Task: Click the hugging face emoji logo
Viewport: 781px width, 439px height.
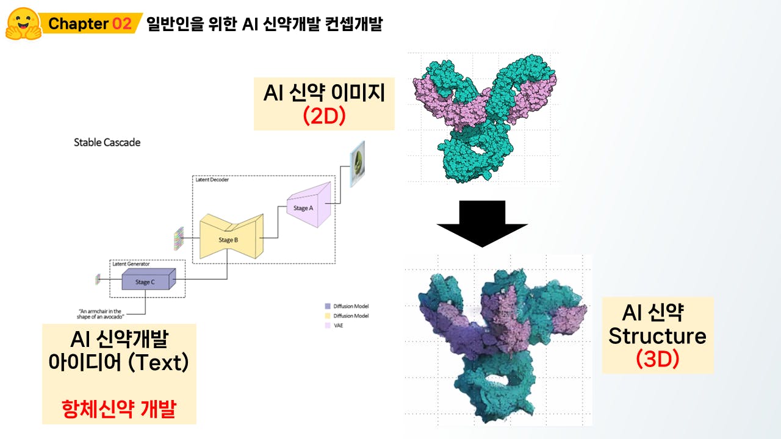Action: pyautogui.click(x=23, y=24)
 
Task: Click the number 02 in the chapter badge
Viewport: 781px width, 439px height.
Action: pyautogui.click(x=122, y=24)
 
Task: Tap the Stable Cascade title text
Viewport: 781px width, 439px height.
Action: pyautogui.click(x=107, y=143)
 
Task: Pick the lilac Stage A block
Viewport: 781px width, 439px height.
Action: pyautogui.click(x=309, y=205)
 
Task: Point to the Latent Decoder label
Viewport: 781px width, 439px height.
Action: pyautogui.click(x=212, y=180)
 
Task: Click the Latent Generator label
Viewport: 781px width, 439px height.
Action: pyautogui.click(x=131, y=264)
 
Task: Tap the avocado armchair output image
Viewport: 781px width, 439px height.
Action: pyautogui.click(x=358, y=164)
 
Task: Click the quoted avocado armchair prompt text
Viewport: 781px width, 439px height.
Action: pyautogui.click(x=100, y=314)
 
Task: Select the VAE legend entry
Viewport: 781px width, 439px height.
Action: pyautogui.click(x=334, y=326)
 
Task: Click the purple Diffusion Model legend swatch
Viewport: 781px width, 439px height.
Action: pyautogui.click(x=328, y=306)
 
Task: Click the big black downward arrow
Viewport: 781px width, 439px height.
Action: pyautogui.click(x=482, y=224)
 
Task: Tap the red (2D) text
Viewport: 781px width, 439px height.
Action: pyautogui.click(x=324, y=116)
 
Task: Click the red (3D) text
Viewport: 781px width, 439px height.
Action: pyautogui.click(x=658, y=359)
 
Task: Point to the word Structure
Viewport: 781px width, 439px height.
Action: pyautogui.click(x=657, y=336)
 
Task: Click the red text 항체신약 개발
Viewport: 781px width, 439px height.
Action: pyautogui.click(x=119, y=409)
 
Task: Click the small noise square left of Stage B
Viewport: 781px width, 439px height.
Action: pyautogui.click(x=179, y=238)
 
